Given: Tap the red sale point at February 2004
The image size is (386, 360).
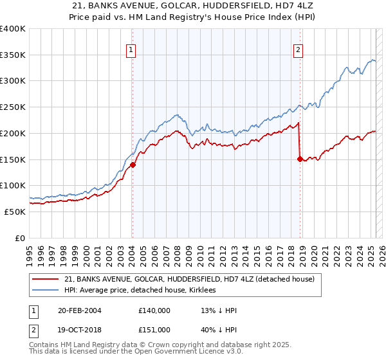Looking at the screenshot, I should pyautogui.click(x=133, y=165).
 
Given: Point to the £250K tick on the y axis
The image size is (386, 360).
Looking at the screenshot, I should pyautogui.click(x=14, y=107).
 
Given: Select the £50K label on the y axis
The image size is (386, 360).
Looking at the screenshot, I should pyautogui.click(x=15, y=212).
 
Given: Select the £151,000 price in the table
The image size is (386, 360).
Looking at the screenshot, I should pyautogui.click(x=154, y=330).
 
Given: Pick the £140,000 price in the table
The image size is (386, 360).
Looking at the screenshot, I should pyautogui.click(x=154, y=310).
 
